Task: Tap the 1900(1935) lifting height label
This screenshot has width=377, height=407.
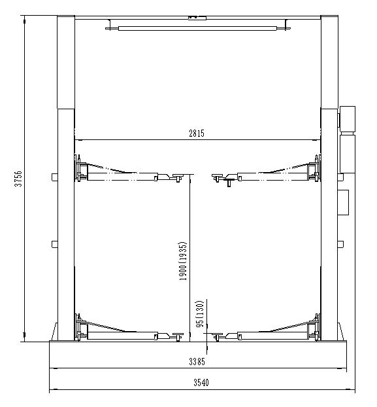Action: point(184,262)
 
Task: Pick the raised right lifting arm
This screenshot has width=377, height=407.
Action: point(268,174)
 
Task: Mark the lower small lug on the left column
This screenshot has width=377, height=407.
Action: point(54,245)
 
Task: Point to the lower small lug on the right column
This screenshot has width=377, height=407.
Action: point(340,245)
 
